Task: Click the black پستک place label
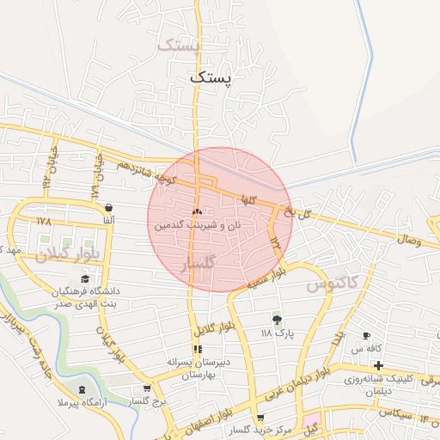211,77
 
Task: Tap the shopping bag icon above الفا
109,207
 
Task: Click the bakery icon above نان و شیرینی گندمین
197,211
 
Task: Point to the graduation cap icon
84,279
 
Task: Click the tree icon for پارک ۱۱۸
277,319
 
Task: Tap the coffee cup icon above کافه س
366,335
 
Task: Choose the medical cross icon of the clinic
378,366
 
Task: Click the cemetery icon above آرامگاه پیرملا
82,389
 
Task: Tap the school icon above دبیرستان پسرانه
198,349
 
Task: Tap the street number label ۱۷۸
45,222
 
